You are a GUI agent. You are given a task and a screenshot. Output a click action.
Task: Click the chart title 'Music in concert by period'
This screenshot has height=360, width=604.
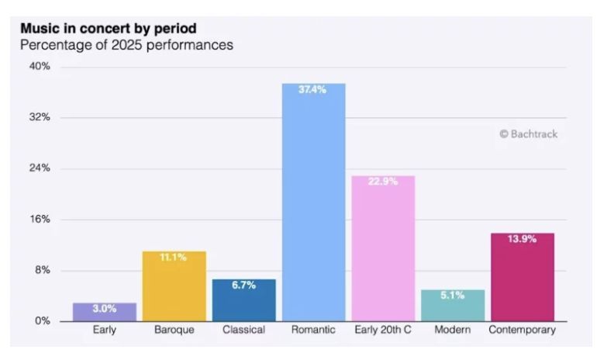pyautogui.click(x=108, y=29)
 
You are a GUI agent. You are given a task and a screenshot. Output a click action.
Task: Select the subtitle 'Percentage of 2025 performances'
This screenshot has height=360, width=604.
pyautogui.click(x=126, y=45)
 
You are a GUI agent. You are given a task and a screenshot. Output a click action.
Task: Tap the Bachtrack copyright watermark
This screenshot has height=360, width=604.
pyautogui.click(x=528, y=134)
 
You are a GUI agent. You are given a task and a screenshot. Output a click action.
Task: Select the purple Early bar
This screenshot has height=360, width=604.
pyautogui.click(x=105, y=313)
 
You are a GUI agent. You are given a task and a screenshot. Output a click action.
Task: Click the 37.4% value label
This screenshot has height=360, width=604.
pyautogui.click(x=313, y=90)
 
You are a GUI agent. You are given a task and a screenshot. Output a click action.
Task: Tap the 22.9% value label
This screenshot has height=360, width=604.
pyautogui.click(x=383, y=182)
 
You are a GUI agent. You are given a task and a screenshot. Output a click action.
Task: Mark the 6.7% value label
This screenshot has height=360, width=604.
pyautogui.click(x=243, y=285)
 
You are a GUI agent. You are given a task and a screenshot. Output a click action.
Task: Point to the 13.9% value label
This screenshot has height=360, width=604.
pyautogui.click(x=522, y=239)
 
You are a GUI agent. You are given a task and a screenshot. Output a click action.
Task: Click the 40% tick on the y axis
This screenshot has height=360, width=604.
pyautogui.click(x=40, y=67)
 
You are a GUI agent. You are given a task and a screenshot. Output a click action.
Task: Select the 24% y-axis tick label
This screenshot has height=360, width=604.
pyautogui.click(x=40, y=168)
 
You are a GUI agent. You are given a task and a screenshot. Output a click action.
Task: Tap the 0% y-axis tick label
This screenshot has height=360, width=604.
pyautogui.click(x=42, y=320)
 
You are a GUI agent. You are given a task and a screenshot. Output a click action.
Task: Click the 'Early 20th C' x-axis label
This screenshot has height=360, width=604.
pyautogui.click(x=383, y=330)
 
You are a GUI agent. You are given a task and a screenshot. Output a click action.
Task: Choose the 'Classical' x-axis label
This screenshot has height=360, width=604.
pyautogui.click(x=243, y=330)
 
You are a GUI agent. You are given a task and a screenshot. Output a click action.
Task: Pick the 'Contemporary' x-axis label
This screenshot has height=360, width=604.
pyautogui.click(x=522, y=330)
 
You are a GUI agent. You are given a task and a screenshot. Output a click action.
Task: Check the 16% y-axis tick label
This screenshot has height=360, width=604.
pyautogui.click(x=40, y=219)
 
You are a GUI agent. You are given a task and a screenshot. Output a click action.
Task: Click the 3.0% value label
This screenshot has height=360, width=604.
pyautogui.click(x=105, y=308)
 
